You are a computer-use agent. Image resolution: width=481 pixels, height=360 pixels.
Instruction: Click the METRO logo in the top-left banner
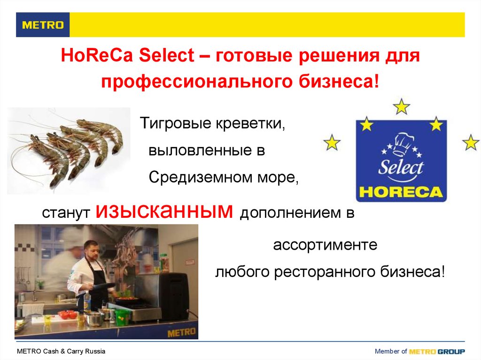pos(43,25)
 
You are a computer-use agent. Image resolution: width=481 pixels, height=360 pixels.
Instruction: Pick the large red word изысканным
pos(164,212)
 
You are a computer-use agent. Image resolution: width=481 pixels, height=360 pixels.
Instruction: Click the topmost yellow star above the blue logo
pos(401,107)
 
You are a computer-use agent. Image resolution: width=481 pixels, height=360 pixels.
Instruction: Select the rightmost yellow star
pos(470,142)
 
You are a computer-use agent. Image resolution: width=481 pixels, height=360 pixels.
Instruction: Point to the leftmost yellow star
pos(332,142)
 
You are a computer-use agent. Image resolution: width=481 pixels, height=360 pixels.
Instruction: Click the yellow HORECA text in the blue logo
pos(400,192)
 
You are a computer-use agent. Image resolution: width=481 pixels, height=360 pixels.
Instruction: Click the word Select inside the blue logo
pos(400,168)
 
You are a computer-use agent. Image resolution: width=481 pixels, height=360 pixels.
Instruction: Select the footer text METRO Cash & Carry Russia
pos(61,352)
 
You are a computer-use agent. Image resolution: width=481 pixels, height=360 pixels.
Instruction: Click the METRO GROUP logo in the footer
pos(437,352)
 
